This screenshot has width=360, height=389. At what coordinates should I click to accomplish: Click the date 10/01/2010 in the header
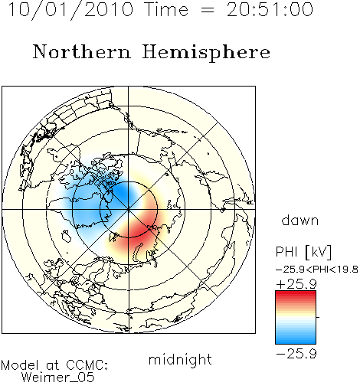tap(70, 9)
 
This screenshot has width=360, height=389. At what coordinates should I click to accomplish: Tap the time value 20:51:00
tap(270, 9)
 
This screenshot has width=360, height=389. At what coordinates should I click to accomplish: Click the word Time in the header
tap(166, 9)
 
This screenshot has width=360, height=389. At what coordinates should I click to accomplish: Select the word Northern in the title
tap(82, 51)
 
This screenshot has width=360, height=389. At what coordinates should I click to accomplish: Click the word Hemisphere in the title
tap(206, 53)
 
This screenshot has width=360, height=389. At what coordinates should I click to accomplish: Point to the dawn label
tap(300, 220)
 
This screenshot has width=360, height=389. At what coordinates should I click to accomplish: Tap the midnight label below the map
tap(180, 359)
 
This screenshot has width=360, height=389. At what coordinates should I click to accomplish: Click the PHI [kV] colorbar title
tap(303, 252)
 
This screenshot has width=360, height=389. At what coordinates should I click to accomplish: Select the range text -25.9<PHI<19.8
tap(317, 270)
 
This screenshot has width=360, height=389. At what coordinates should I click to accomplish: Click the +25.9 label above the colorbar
tap(296, 284)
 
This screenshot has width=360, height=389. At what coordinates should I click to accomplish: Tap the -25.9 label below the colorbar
tap(296, 354)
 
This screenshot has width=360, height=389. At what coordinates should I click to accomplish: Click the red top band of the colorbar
tap(296, 294)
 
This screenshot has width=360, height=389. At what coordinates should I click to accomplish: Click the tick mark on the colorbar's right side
tap(318, 317)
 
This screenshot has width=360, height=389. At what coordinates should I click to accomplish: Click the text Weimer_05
tap(58, 378)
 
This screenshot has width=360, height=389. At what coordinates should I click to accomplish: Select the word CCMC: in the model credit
tap(87, 365)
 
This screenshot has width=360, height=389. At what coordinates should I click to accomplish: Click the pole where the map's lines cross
tap(129, 210)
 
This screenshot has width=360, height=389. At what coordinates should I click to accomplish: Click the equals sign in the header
tap(208, 10)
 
